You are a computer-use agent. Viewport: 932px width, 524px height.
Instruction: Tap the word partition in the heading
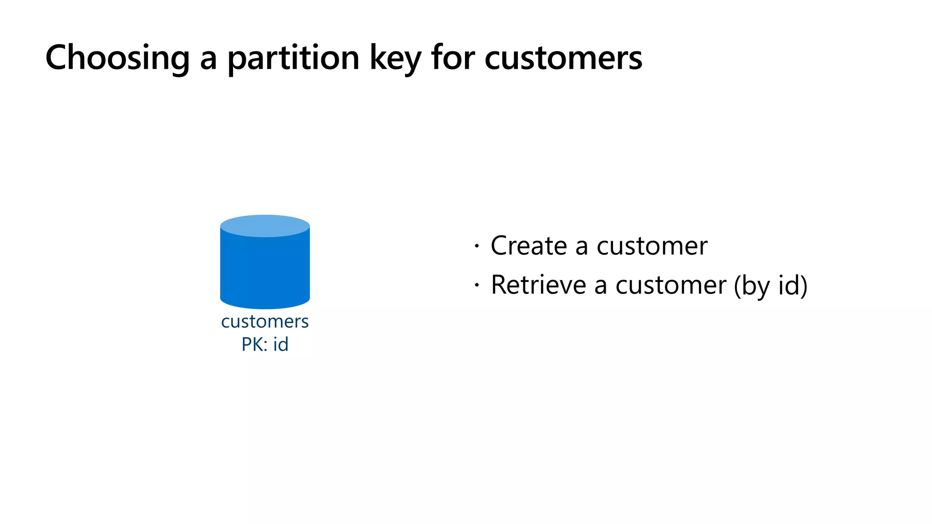tap(294, 58)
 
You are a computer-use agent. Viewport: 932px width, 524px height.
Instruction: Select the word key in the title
tap(395, 58)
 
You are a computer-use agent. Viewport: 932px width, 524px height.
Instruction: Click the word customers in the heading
tap(563, 58)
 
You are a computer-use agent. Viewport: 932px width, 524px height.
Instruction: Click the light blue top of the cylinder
tap(265, 226)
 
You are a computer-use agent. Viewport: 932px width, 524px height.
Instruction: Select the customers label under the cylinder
tap(265, 322)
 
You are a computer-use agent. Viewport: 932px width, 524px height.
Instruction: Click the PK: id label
tap(265, 344)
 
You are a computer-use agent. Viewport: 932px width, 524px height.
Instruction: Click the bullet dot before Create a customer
tap(476, 247)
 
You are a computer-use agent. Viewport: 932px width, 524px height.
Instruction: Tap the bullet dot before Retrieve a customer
tap(476, 286)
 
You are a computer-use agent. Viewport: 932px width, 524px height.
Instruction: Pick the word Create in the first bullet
tap(529, 246)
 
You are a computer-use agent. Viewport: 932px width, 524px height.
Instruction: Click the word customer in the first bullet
tap(652, 246)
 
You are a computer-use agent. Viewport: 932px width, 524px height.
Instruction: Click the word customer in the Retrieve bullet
tap(671, 285)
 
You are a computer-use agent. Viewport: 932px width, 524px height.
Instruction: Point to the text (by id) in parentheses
tap(770, 286)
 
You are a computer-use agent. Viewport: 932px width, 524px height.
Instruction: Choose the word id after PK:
tap(281, 344)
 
